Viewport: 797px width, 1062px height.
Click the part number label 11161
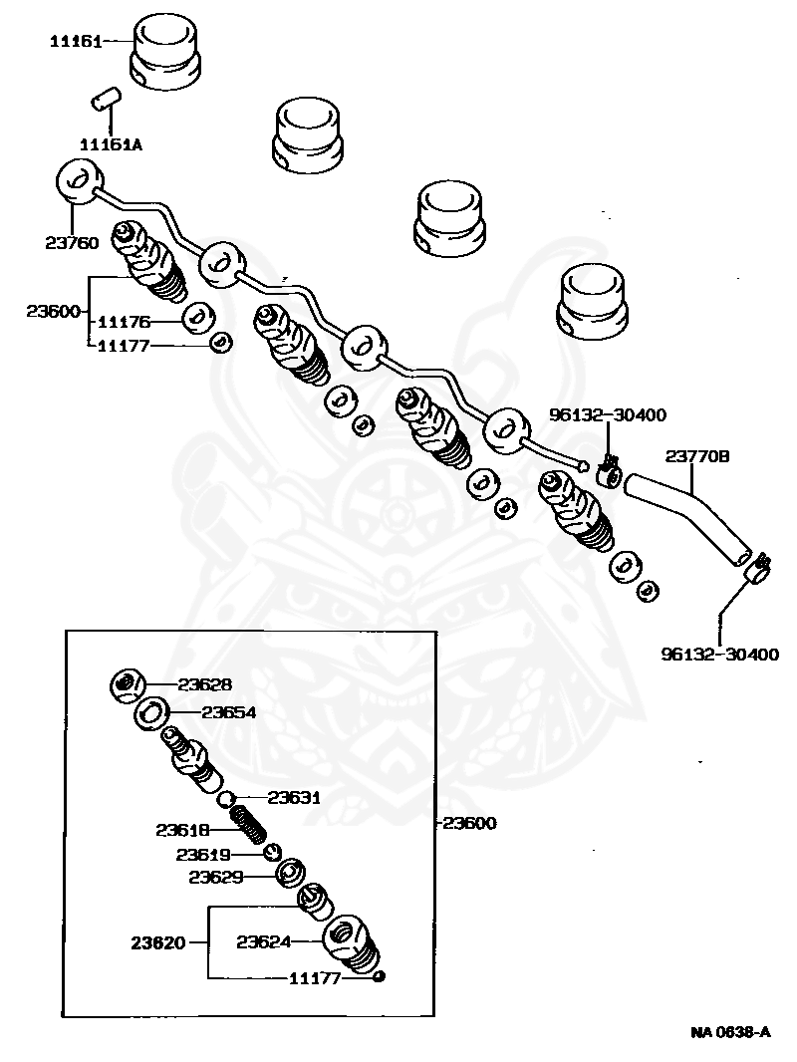pyautogui.click(x=77, y=41)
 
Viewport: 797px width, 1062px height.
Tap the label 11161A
pyautogui.click(x=111, y=144)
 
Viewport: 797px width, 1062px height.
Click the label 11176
pyautogui.click(x=124, y=321)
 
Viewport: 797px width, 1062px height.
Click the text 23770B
pyautogui.click(x=697, y=456)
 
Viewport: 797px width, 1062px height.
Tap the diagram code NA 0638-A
pyautogui.click(x=730, y=1031)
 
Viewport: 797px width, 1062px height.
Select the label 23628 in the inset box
pyautogui.click(x=204, y=684)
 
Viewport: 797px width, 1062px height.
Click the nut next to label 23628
pyautogui.click(x=128, y=684)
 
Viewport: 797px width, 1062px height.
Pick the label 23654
pyautogui.click(x=228, y=712)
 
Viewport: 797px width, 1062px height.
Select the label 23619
pyautogui.click(x=203, y=854)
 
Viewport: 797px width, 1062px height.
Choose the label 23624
pyautogui.click(x=263, y=939)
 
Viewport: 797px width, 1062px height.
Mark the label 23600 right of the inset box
pyautogui.click(x=469, y=823)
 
